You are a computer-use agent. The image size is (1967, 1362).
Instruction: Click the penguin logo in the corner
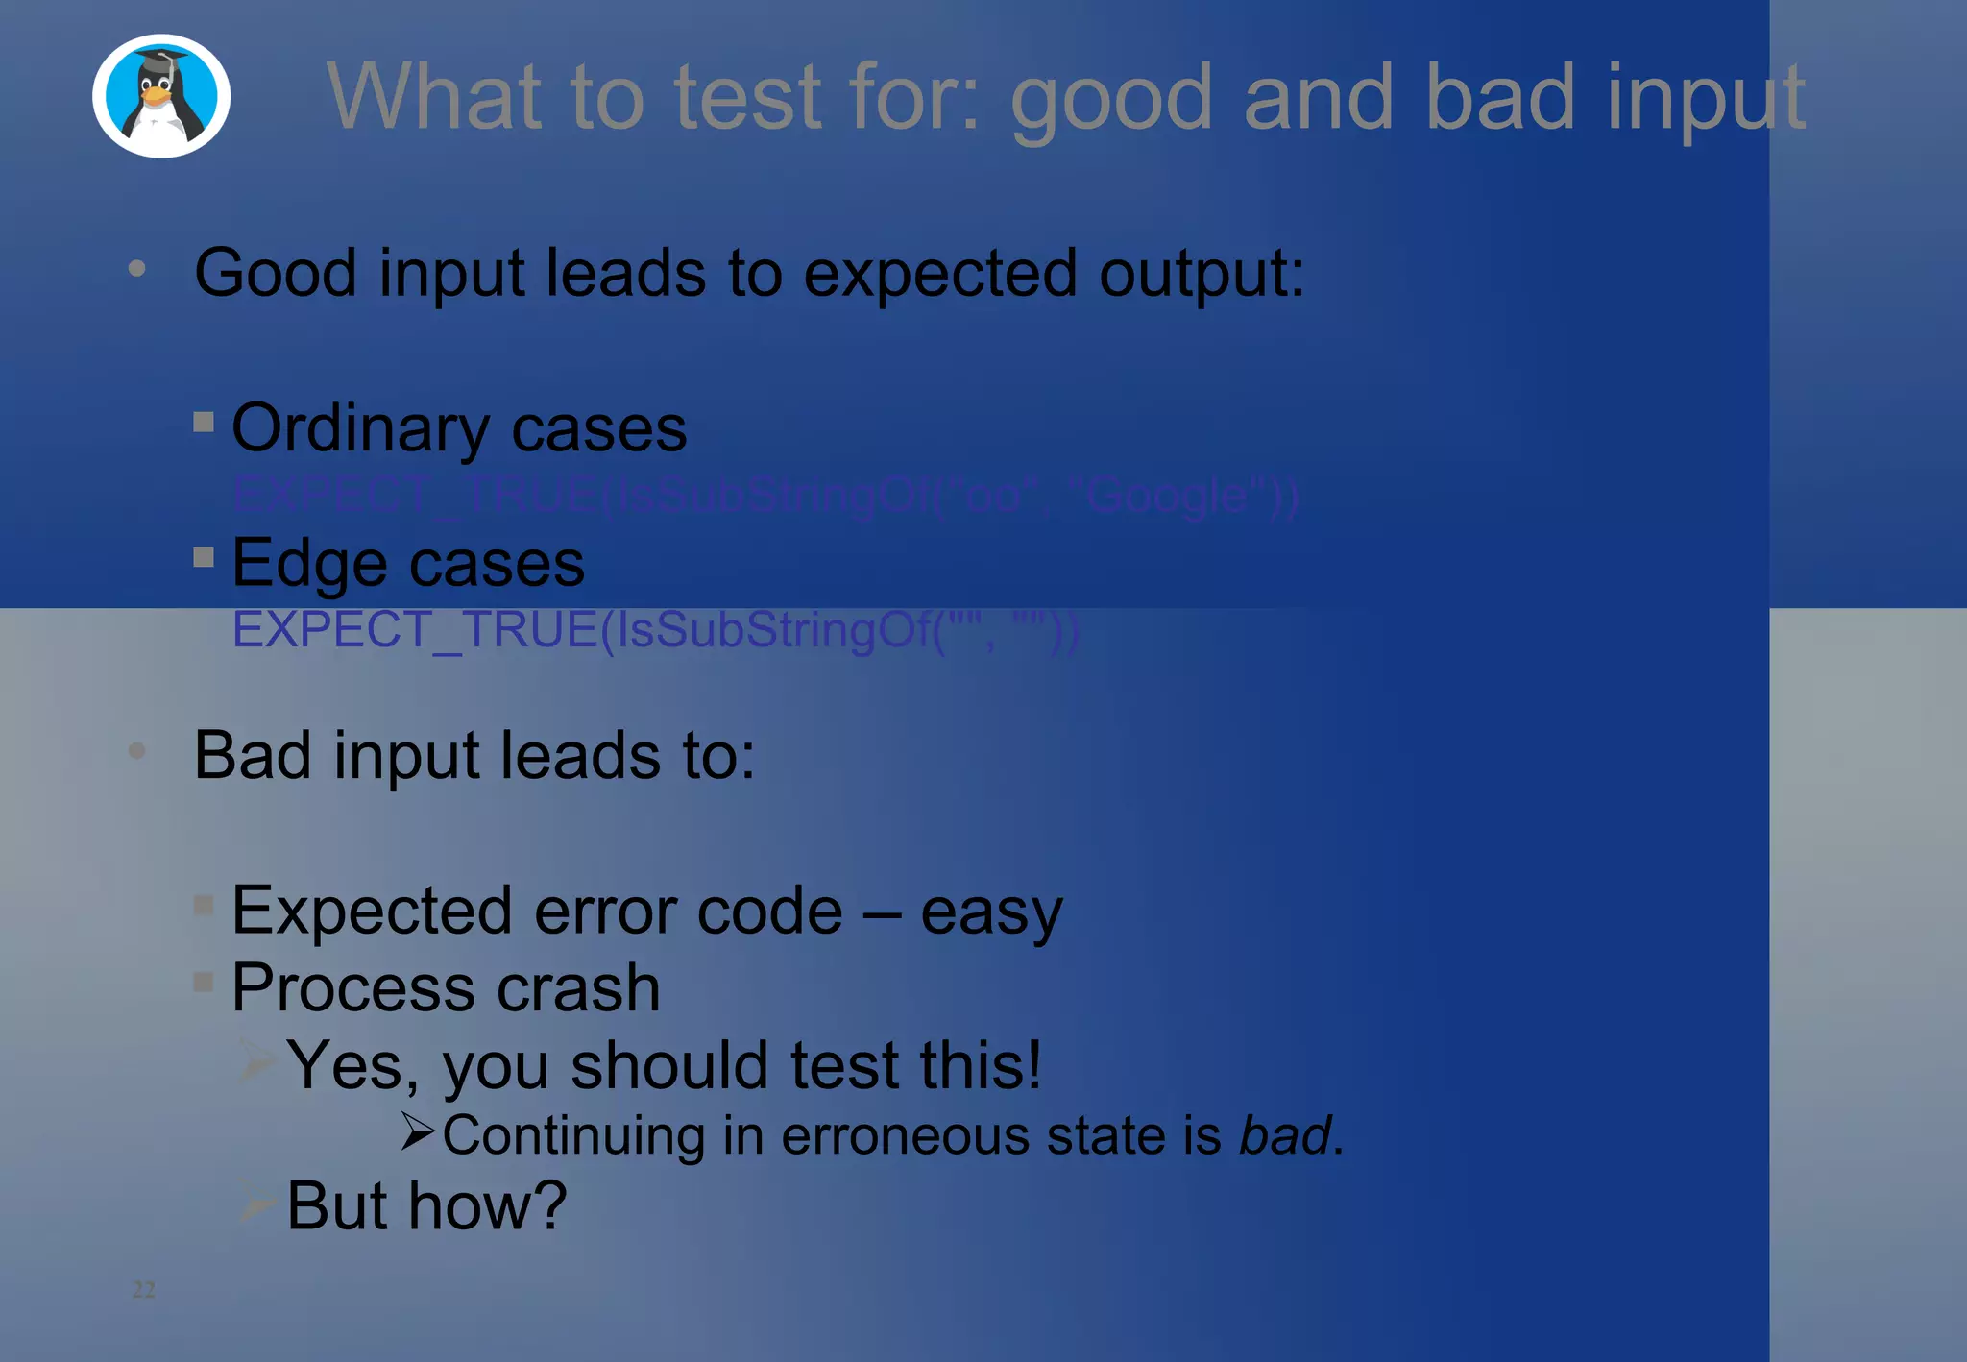(x=161, y=96)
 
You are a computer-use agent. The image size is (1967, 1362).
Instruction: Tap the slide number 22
(x=143, y=1289)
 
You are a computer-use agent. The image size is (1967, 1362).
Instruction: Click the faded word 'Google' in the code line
(x=1168, y=496)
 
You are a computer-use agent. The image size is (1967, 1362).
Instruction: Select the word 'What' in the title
(x=432, y=96)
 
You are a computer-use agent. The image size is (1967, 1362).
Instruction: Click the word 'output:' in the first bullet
(x=1202, y=274)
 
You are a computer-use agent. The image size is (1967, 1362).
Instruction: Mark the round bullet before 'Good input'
(x=137, y=269)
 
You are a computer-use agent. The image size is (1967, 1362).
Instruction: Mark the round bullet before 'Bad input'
(x=137, y=750)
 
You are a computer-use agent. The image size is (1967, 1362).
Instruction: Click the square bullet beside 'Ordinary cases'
(x=204, y=422)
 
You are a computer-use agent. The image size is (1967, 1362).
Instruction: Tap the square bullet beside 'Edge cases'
(x=204, y=557)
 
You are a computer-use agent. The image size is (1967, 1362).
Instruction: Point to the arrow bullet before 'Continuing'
(x=419, y=1131)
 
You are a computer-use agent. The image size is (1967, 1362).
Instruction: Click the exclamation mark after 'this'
(x=1032, y=1064)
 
